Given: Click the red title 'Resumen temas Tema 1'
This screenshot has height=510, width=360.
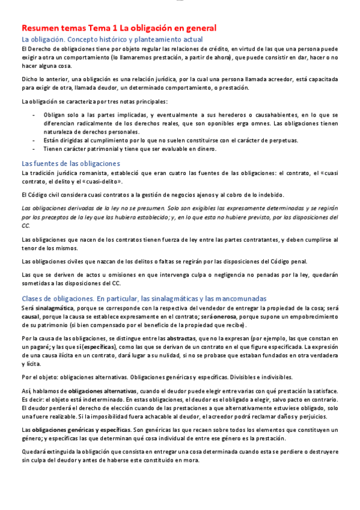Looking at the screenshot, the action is point(69,28).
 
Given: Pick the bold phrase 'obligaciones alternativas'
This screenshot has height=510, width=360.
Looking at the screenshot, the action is point(102,390).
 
